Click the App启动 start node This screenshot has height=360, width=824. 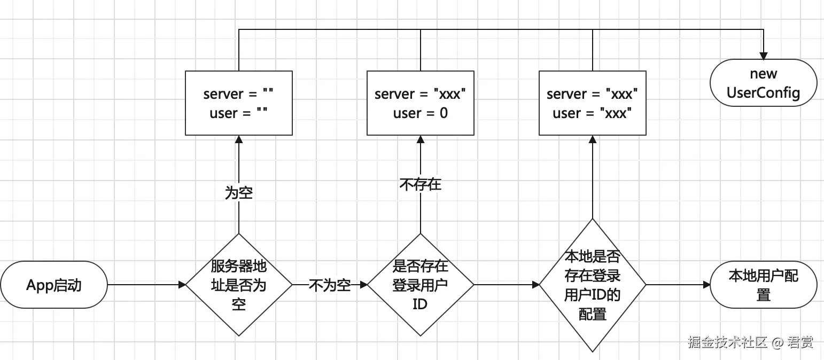click(x=54, y=285)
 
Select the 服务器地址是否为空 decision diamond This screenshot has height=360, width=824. click(x=238, y=285)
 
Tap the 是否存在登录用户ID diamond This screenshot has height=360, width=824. click(x=421, y=285)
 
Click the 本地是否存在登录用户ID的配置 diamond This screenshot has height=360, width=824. click(x=592, y=285)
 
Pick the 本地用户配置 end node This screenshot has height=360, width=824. click(x=763, y=285)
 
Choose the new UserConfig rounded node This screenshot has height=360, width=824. click(x=763, y=83)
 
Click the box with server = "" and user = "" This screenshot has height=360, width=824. click(x=238, y=103)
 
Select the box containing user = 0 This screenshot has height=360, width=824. click(x=421, y=103)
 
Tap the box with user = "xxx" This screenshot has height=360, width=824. click(x=592, y=103)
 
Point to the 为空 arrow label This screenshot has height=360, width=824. click(x=238, y=193)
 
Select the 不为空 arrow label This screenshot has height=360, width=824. click(x=330, y=285)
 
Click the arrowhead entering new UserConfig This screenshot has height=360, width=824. click(x=764, y=56)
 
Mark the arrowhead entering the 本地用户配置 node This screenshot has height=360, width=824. click(x=705, y=285)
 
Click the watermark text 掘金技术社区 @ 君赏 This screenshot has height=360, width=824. click(x=750, y=342)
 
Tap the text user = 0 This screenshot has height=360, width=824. click(x=421, y=113)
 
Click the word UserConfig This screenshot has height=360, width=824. click(x=763, y=93)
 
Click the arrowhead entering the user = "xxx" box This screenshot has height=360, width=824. click(x=592, y=139)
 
